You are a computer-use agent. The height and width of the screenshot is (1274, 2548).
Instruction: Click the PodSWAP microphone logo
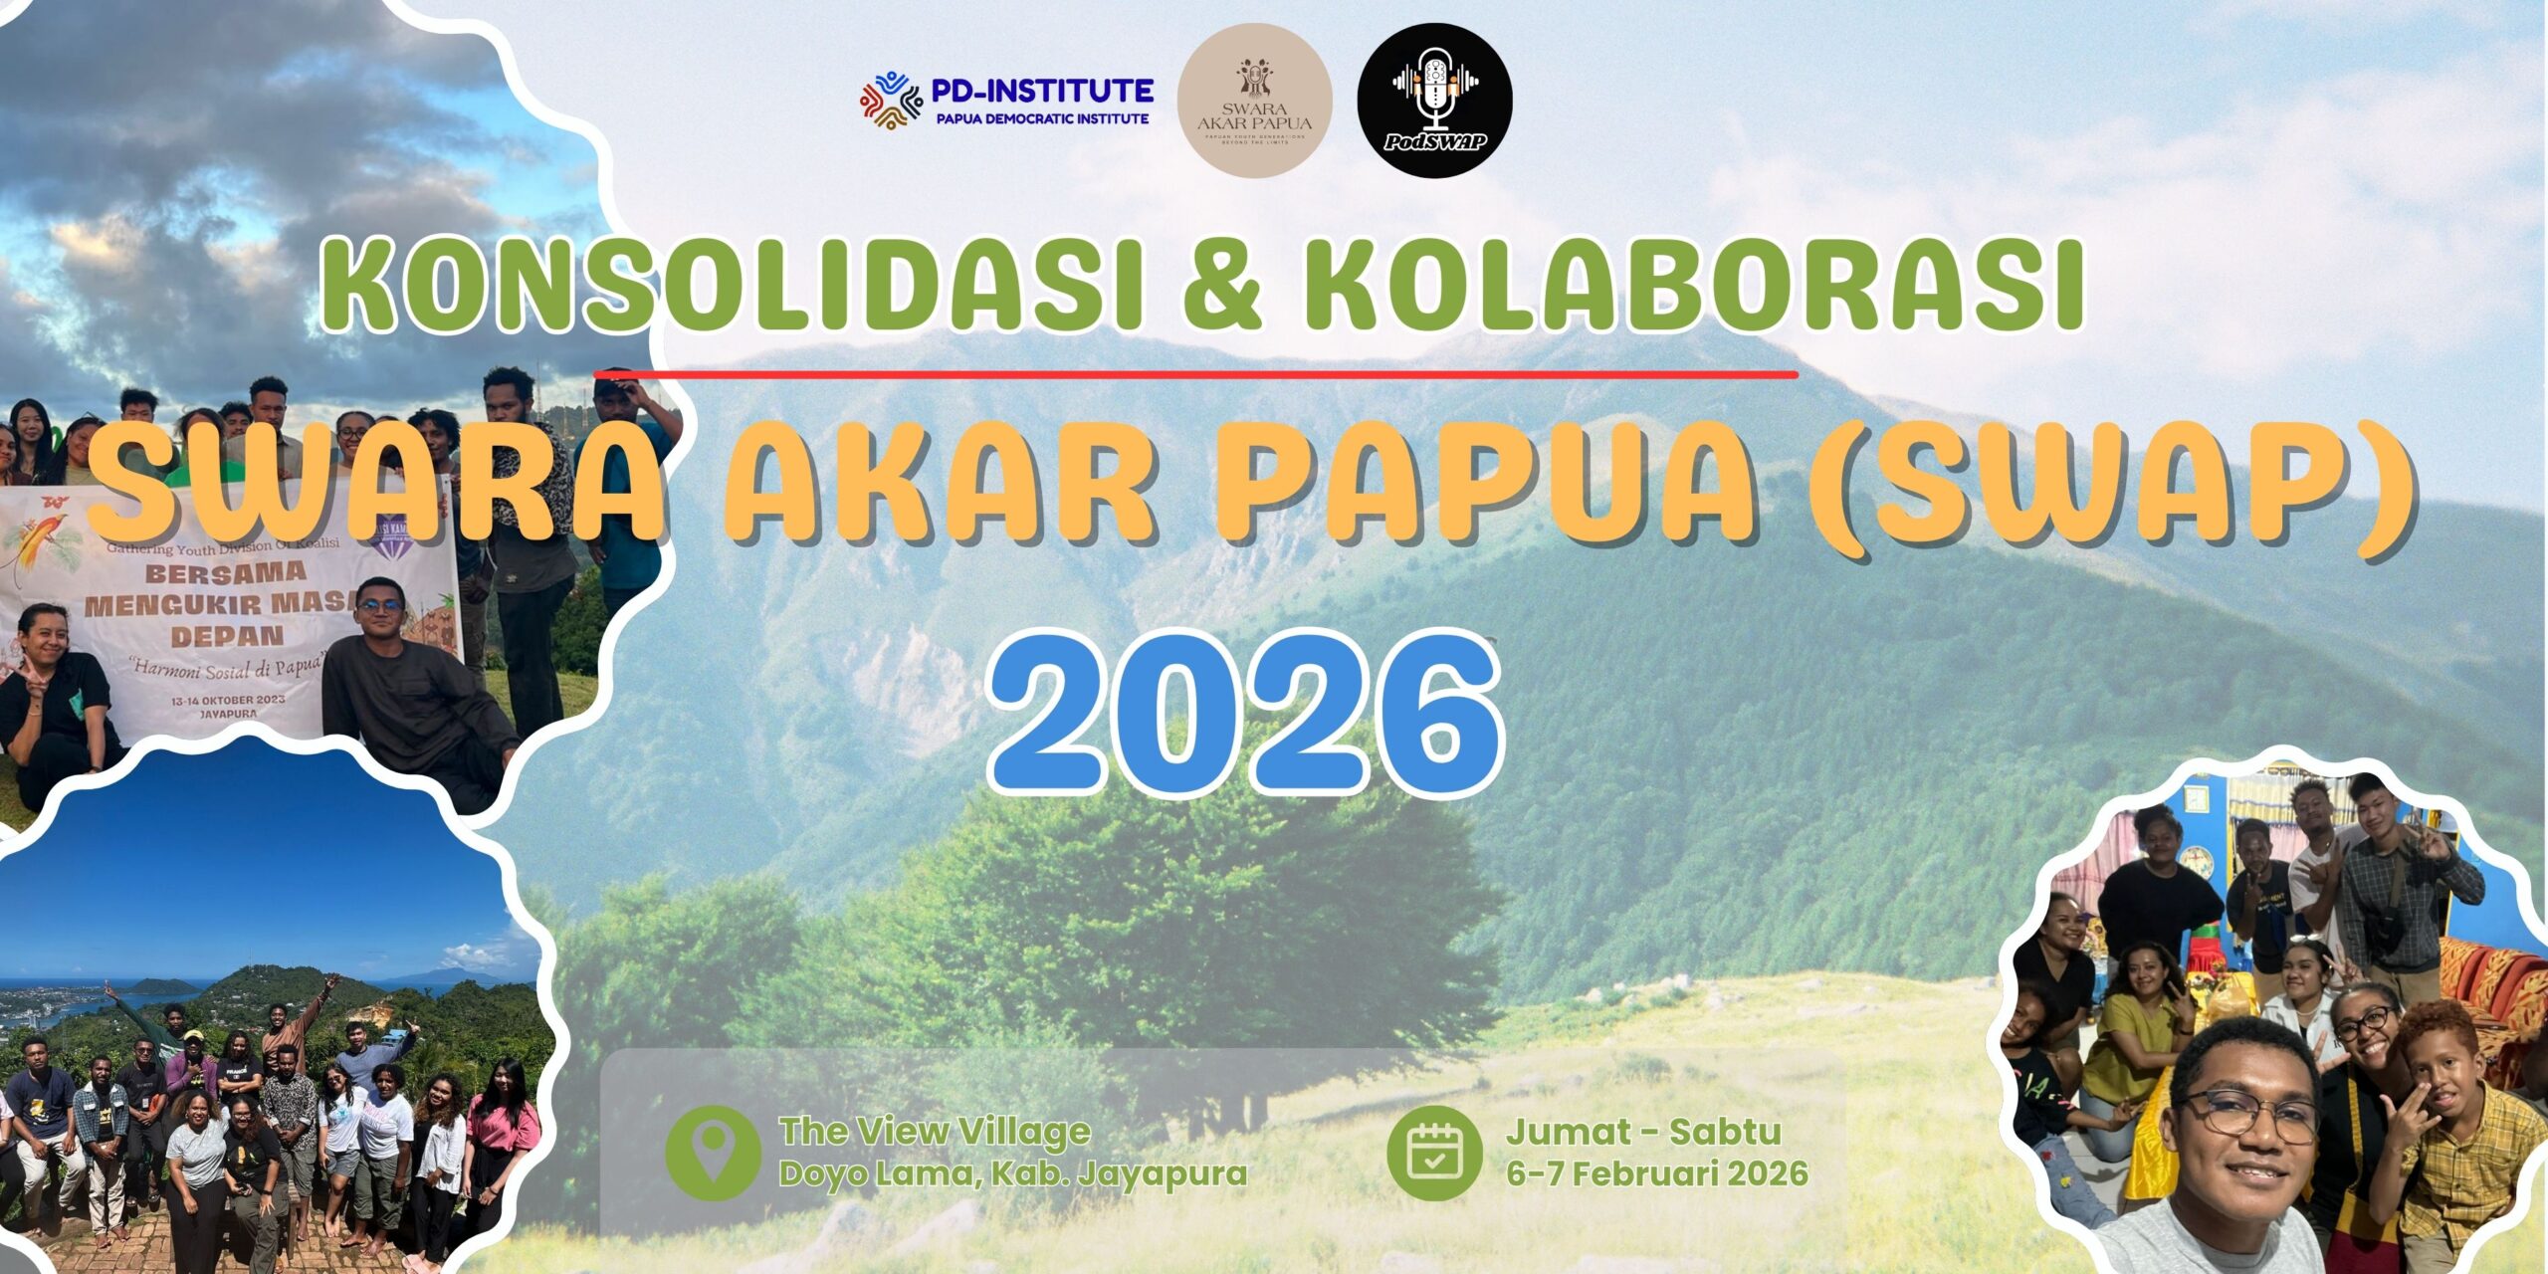coord(1434,101)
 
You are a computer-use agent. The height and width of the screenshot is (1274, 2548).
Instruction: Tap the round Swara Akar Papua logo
coord(1254,101)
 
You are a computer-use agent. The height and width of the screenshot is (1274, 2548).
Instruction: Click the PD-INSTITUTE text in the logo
coord(1042,91)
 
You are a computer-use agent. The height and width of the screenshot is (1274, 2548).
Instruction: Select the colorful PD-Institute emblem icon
coord(891,102)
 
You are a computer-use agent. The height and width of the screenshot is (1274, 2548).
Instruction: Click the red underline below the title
coord(1194,374)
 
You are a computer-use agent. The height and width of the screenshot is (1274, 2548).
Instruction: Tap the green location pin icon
coord(711,1154)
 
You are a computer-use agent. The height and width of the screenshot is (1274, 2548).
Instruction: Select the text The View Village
coord(935,1132)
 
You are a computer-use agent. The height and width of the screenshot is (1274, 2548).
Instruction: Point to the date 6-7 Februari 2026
coord(1656,1173)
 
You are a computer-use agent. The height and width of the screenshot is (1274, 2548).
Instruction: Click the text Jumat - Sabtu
coord(1642,1132)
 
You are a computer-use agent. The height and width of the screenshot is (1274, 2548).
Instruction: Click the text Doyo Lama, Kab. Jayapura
coord(1012,1173)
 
